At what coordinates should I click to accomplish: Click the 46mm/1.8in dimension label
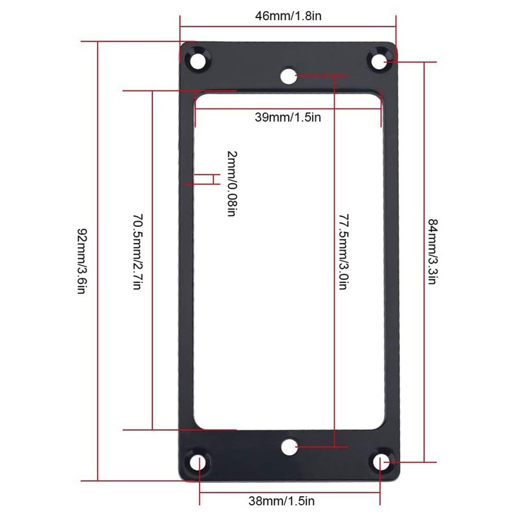coord(288,16)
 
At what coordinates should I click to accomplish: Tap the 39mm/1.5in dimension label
coord(288,118)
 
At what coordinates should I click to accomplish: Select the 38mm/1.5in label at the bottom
coord(282,501)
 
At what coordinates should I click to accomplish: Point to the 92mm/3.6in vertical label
coord(82,261)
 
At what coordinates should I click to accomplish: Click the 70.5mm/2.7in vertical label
coord(138,252)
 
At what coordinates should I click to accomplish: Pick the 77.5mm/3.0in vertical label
coord(344,252)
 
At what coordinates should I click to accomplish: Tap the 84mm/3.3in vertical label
coord(432,251)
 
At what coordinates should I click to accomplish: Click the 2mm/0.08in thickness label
coord(232,184)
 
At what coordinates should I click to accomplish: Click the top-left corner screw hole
coord(198,60)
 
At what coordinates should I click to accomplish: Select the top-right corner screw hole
coord(379,61)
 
